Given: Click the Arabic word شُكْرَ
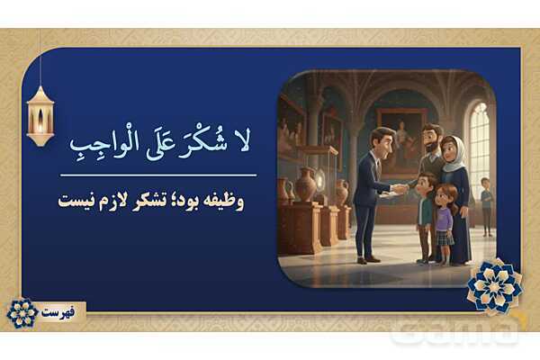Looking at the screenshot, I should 199,142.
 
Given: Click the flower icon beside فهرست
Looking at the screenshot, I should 22,312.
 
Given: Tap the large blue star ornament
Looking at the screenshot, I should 494,285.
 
